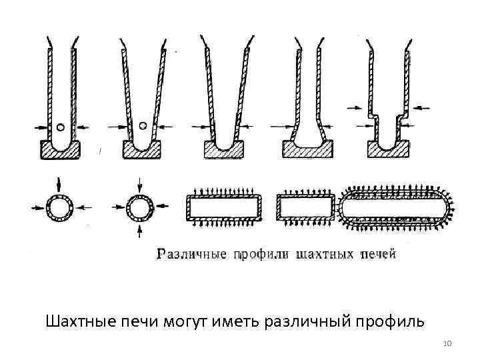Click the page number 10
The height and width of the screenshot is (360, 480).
click(447, 343)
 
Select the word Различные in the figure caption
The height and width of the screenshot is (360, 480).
click(191, 253)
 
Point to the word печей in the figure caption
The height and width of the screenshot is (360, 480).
click(378, 253)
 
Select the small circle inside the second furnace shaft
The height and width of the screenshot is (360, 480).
click(142, 125)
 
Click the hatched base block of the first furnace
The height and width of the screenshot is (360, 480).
click(60, 151)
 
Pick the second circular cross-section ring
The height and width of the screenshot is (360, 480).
click(140, 209)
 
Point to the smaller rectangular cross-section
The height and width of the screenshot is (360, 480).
click(305, 208)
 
